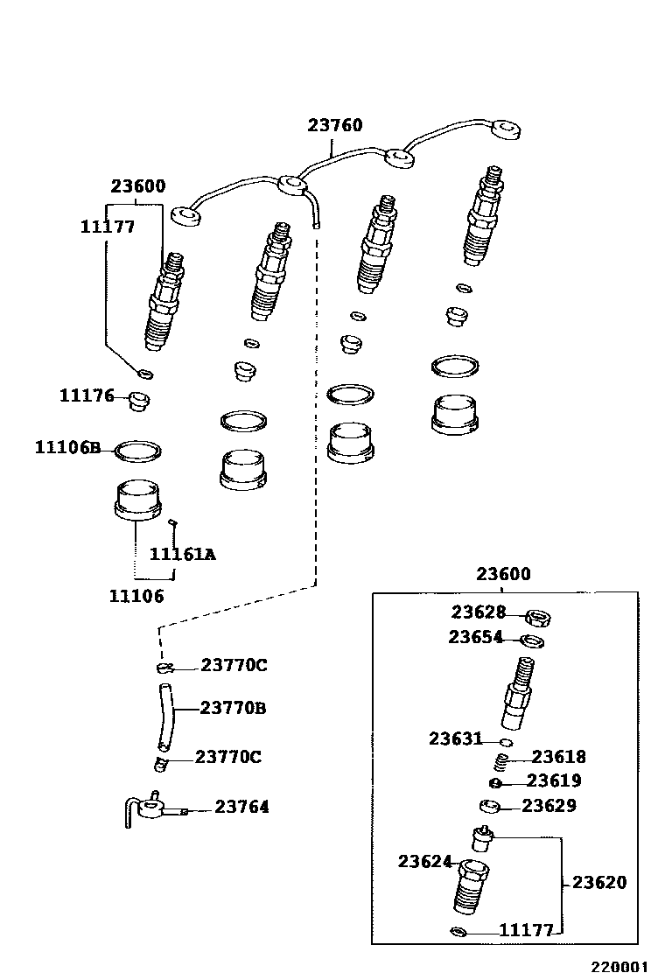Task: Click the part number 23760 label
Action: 334,126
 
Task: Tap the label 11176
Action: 87,395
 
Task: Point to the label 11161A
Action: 182,554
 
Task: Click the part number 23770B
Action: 233,707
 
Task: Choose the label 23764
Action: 242,808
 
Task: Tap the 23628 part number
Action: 479,612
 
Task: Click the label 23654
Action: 475,638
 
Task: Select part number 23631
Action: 455,739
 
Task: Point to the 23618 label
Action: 558,757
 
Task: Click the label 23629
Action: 549,806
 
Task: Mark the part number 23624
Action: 424,862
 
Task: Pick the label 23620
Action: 599,883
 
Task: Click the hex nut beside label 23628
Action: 538,617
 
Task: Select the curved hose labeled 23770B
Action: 165,710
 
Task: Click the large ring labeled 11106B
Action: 138,451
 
